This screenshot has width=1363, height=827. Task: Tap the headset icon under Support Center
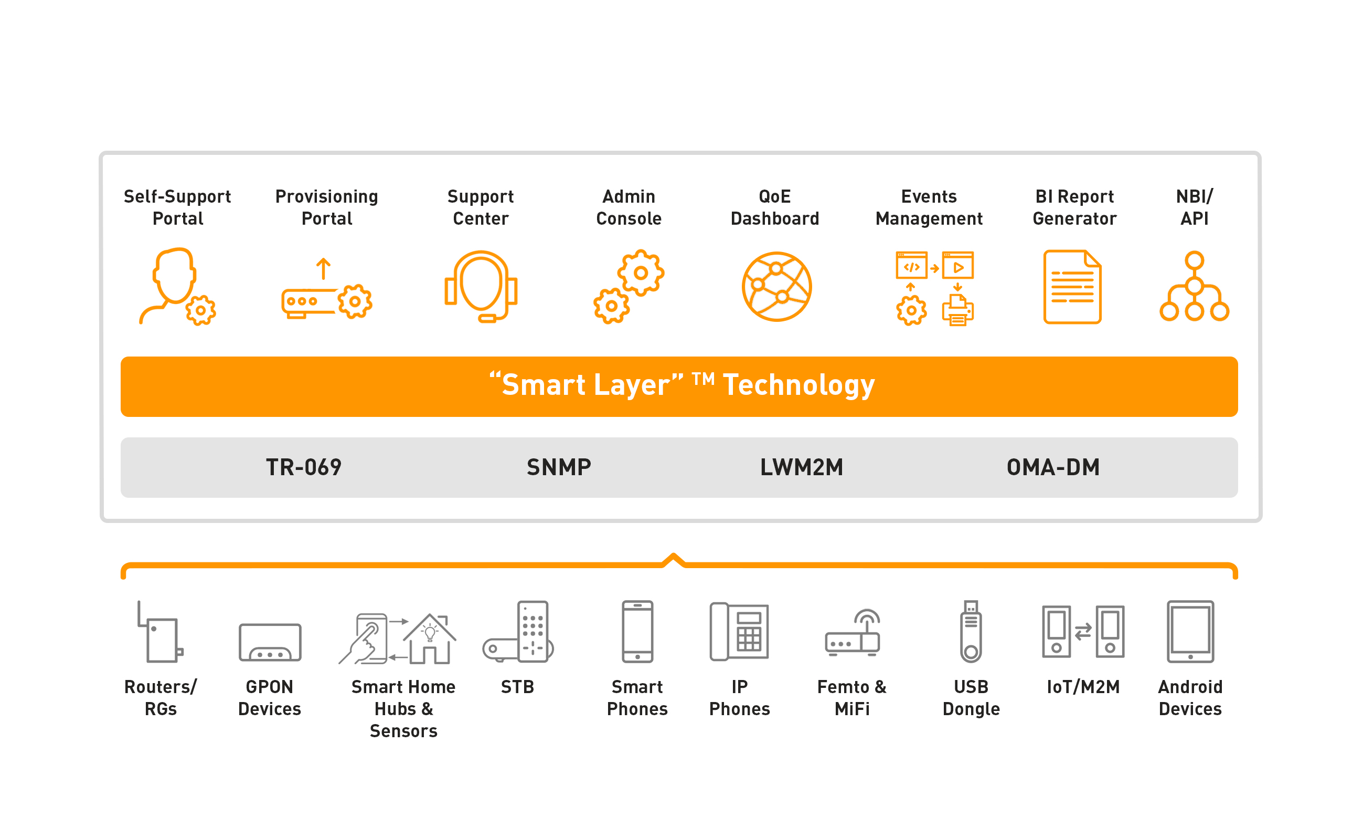click(481, 287)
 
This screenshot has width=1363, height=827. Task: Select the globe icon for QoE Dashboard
click(776, 287)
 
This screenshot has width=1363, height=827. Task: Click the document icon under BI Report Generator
click(1072, 287)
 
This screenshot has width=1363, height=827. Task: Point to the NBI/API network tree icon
click(1194, 287)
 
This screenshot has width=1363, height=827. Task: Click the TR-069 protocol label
click(304, 468)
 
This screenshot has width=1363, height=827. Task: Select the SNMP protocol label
click(559, 468)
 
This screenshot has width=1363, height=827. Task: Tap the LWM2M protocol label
click(802, 468)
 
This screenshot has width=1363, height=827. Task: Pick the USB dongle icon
click(971, 632)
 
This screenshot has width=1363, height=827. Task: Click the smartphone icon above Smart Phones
click(637, 632)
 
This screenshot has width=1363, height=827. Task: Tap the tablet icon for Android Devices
click(1190, 632)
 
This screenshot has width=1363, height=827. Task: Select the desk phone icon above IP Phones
click(739, 632)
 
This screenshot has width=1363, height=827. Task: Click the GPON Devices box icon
click(270, 643)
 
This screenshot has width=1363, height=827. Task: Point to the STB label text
click(517, 687)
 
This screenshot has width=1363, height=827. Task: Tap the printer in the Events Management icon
click(957, 310)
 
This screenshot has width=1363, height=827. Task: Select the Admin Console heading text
click(629, 208)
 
